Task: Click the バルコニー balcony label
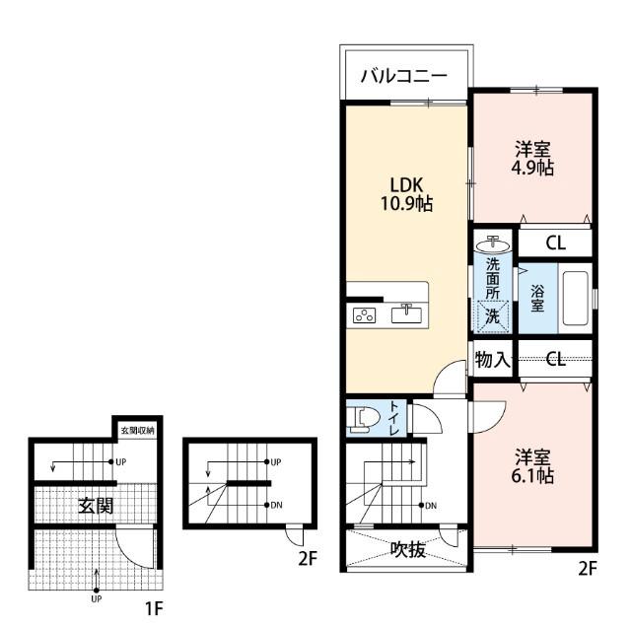tap(403, 76)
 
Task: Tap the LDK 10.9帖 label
tap(406, 194)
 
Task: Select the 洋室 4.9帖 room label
tap(532, 158)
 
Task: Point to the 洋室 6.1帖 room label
tap(532, 466)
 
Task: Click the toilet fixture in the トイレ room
tap(363, 419)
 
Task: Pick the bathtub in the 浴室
tap(575, 298)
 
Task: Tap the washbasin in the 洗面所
tap(493, 244)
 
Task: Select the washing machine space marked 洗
tap(493, 317)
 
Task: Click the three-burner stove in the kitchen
tap(364, 315)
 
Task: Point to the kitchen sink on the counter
tap(406, 313)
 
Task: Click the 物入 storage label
tap(493, 359)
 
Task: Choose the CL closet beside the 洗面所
tap(556, 243)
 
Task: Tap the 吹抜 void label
tap(407, 549)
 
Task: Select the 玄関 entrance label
tap(96, 506)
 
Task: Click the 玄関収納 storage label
tap(137, 431)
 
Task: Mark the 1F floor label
tap(154, 608)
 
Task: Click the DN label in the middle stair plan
tap(276, 505)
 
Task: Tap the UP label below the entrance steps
tap(97, 598)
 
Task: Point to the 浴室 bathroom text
tap(537, 298)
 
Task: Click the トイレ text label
tap(394, 419)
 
